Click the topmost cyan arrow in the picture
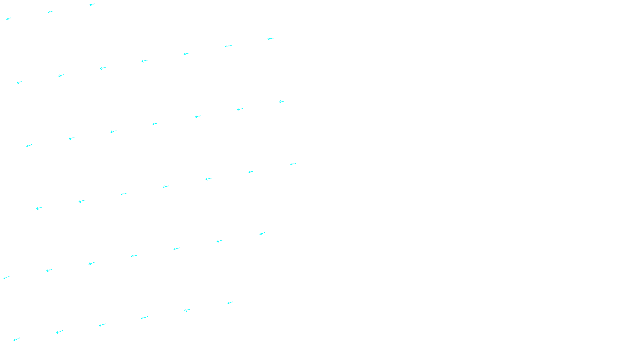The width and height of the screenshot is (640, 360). coord(92,5)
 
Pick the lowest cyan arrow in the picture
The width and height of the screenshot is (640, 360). coord(16,340)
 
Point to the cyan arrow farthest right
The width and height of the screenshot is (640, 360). coord(293,164)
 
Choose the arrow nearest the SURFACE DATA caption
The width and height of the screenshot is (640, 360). coord(230,303)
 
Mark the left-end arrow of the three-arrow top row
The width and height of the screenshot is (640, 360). coord(9,18)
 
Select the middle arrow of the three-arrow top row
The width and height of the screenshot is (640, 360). coord(50,12)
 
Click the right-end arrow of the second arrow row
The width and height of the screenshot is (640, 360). coord(270,39)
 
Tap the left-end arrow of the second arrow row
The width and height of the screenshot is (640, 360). coord(19,82)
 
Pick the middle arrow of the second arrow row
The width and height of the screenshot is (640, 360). coord(144,61)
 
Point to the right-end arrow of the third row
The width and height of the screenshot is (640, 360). coord(282,102)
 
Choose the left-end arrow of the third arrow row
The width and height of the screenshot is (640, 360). coord(29,146)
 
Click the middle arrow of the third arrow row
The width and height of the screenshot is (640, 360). coord(155,124)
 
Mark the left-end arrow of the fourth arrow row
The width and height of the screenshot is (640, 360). coord(39,208)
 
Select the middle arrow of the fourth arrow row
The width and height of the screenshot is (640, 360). coord(166,186)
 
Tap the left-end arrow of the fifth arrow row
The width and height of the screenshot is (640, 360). coord(7,278)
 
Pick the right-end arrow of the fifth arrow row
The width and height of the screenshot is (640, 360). coord(262,233)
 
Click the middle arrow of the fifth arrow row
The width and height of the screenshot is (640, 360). coord(134,256)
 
